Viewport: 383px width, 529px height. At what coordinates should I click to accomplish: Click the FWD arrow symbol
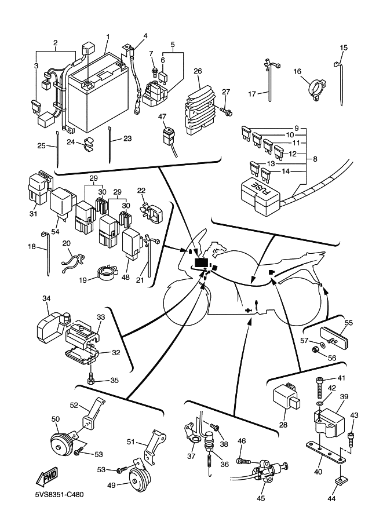47,476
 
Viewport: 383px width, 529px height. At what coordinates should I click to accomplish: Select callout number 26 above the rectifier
197,71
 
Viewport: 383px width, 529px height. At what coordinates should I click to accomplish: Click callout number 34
46,298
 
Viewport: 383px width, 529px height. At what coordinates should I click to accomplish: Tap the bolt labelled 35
92,380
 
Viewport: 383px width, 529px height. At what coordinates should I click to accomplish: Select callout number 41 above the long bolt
341,378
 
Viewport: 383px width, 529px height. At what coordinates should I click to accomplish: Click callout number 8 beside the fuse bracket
315,159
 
